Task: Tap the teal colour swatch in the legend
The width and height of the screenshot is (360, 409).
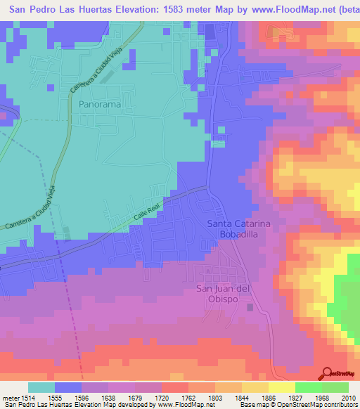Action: [x=41, y=387]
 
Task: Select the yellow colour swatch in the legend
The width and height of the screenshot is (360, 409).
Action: [x=281, y=387]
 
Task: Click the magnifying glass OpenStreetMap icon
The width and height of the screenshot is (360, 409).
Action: [x=326, y=373]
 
